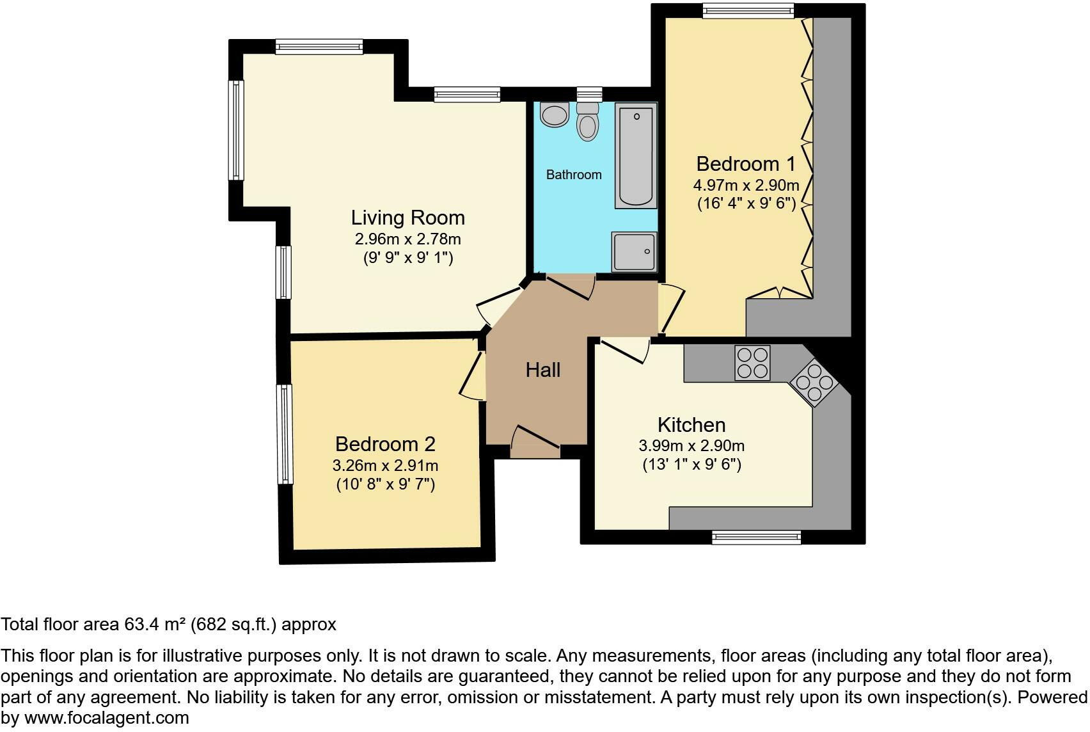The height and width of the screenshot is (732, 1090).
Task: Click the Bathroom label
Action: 573,175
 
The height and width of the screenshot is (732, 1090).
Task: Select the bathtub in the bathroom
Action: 636,156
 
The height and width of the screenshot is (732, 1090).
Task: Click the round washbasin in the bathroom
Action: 554,115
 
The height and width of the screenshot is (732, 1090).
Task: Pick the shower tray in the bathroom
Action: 634,251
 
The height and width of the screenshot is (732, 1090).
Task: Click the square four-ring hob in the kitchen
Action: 752,363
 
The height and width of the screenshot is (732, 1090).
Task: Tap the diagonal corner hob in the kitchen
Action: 814,383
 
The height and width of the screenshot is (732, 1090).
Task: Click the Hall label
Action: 543,370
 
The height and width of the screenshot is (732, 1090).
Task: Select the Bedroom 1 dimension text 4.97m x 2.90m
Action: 746,186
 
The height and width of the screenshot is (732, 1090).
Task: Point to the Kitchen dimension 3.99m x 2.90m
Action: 691,446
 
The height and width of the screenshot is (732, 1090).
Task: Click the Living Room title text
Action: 407,218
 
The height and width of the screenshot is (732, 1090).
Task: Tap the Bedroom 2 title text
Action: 385,444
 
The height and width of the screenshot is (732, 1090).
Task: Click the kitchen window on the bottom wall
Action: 756,537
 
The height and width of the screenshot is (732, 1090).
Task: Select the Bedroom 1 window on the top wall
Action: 748,10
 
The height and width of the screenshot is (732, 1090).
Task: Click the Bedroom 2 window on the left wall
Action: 284,434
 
